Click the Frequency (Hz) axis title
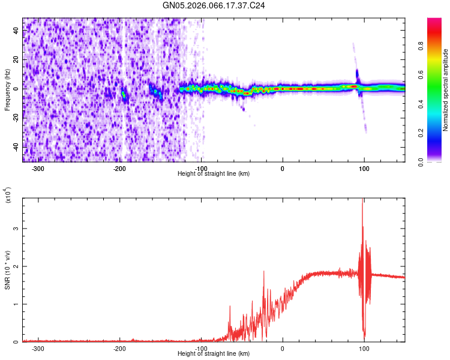[7, 90]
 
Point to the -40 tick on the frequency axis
[16, 146]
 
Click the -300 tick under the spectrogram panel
[38, 168]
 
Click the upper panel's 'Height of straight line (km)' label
[214, 174]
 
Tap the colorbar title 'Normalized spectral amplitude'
[446, 90]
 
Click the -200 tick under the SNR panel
[119, 348]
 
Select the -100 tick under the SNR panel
[201, 348]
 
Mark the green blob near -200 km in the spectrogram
[124, 94]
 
